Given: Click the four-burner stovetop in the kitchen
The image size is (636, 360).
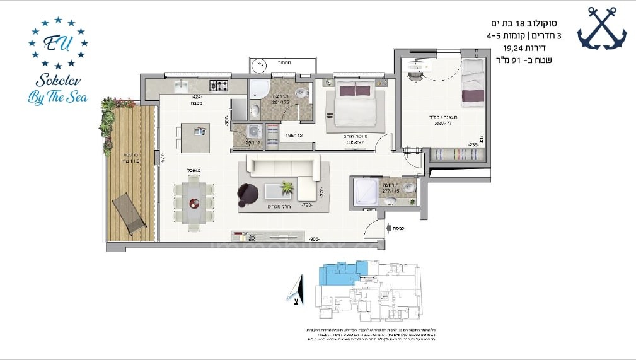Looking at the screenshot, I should point(219,86).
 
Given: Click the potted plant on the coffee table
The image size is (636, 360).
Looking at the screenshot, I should point(287,187).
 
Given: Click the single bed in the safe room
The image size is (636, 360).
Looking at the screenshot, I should point(473,85).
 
